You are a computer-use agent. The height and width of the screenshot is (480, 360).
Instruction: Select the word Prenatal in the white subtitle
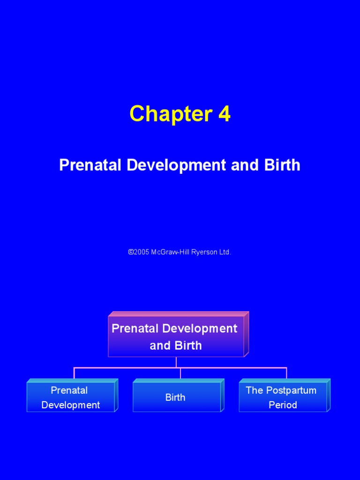(x=89, y=165)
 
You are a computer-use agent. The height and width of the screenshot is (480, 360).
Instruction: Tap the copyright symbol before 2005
(x=130, y=252)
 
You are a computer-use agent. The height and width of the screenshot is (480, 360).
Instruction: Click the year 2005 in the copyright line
(x=141, y=252)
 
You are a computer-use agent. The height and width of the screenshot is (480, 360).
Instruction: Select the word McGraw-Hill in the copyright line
(x=171, y=252)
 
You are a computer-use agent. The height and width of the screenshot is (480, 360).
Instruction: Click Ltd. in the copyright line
(x=224, y=252)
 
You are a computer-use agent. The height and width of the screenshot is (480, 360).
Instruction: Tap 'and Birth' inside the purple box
(x=176, y=345)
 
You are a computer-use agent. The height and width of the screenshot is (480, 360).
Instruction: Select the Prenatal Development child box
(x=70, y=397)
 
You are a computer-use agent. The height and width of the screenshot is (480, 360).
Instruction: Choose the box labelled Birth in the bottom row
(x=176, y=397)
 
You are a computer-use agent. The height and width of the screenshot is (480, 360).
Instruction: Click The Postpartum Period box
(x=282, y=397)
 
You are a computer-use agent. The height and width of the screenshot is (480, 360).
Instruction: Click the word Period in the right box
(x=283, y=405)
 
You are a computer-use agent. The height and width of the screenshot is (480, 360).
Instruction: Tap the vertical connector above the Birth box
(x=180, y=374)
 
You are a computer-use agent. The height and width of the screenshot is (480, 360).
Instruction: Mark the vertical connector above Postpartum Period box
(x=286, y=374)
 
